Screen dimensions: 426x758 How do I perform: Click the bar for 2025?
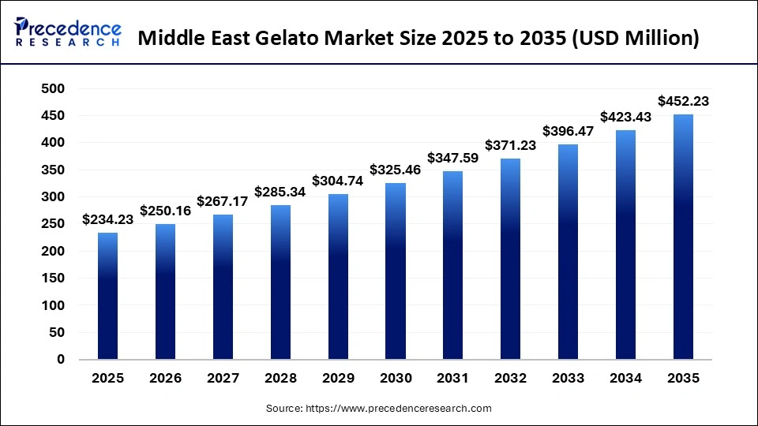107,296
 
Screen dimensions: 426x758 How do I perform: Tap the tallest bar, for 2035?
683,237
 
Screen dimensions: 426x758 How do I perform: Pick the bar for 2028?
280,282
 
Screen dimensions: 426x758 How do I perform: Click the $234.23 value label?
107,220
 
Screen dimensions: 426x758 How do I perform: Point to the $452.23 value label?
683,101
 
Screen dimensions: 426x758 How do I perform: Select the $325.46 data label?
395,170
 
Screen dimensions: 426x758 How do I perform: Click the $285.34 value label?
280,192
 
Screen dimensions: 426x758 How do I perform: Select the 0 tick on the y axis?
60,360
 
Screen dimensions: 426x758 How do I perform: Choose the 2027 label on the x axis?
223,379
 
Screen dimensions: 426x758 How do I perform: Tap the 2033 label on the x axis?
568,379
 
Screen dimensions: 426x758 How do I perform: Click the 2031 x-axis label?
452,379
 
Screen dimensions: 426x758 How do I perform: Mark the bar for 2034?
625,245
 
